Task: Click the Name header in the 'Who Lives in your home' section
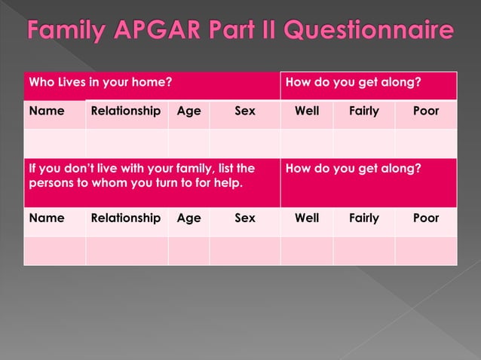[x=46, y=111]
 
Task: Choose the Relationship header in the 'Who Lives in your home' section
[x=126, y=111]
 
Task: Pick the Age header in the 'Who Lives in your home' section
[x=188, y=111]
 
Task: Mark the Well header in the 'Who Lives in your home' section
[x=307, y=111]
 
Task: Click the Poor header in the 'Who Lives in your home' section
[x=426, y=111]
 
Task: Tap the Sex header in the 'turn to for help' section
[x=245, y=218]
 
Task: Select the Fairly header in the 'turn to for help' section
[x=363, y=218]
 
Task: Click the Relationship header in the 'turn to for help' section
[x=126, y=218]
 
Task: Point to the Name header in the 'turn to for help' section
[x=46, y=218]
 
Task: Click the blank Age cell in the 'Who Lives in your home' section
[x=188, y=143]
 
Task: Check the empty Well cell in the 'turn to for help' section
[x=307, y=250]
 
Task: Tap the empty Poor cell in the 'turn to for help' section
[x=426, y=250]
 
